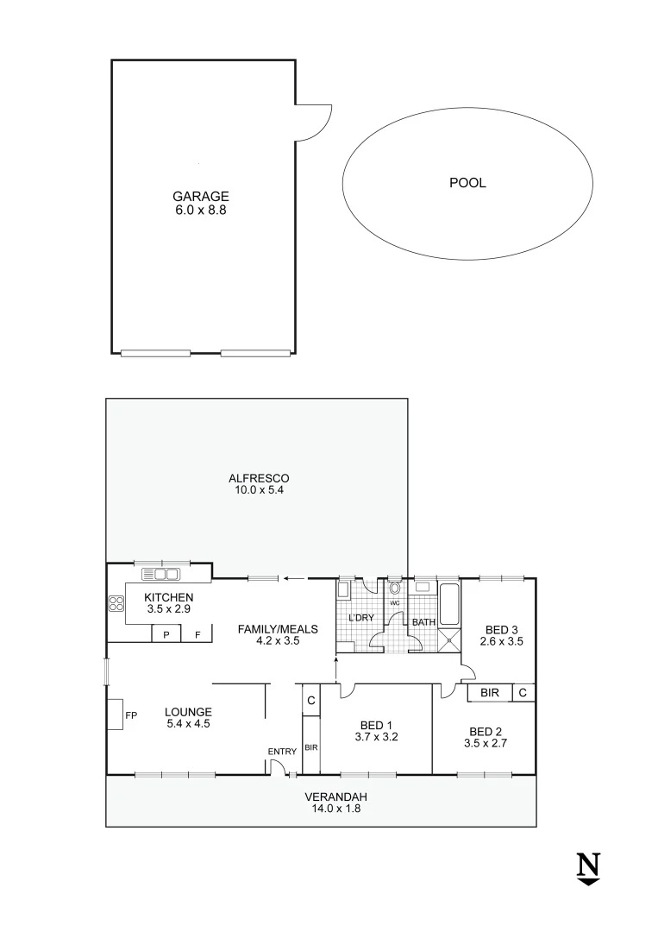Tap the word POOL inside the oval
pyautogui.click(x=467, y=183)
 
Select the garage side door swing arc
pyautogui.click(x=314, y=121)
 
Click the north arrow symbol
pyautogui.click(x=588, y=867)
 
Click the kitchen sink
pyautogui.click(x=160, y=574)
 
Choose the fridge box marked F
pyautogui.click(x=197, y=635)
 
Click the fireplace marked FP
pyautogui.click(x=116, y=715)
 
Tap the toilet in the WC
pyautogui.click(x=394, y=589)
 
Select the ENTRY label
pyautogui.click(x=282, y=753)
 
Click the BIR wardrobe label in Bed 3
pyautogui.click(x=489, y=692)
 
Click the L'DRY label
pyautogui.click(x=360, y=618)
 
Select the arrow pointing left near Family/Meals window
pyautogui.click(x=294, y=579)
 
